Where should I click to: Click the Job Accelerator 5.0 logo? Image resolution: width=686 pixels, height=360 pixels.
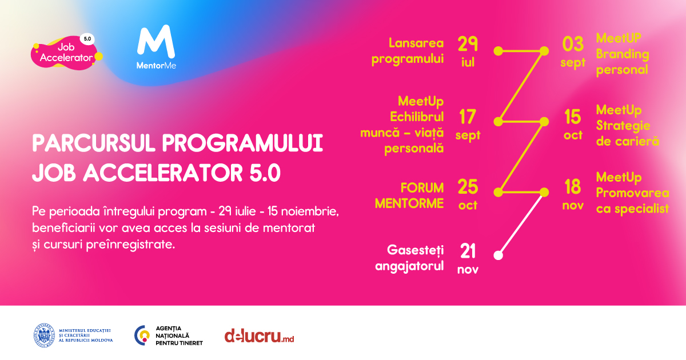tap(67, 53)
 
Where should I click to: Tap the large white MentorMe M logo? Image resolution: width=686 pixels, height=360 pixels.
tap(156, 42)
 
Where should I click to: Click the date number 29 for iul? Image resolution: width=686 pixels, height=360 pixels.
tap(468, 44)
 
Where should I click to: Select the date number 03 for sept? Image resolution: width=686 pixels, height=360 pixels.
tap(573, 44)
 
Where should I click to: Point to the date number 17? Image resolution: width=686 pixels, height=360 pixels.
tap(468, 117)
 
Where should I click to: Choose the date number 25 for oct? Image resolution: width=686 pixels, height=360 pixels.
tap(468, 187)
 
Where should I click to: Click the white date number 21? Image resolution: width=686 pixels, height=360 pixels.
tap(468, 251)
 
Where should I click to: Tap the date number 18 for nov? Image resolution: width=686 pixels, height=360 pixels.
tap(572, 187)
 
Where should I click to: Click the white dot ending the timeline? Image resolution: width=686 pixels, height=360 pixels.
tap(498, 255)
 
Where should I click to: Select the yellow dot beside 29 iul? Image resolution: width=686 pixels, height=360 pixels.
tap(498, 51)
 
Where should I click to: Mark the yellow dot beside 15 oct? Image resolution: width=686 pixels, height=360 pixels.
tap(544, 122)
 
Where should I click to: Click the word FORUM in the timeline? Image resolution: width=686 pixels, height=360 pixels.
tap(422, 187)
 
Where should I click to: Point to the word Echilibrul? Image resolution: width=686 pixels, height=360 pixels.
tap(417, 117)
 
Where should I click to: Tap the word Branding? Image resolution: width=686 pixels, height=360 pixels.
tap(623, 54)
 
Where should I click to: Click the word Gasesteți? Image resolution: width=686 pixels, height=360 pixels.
tap(415, 250)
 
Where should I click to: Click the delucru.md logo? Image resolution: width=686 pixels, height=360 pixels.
tap(259, 336)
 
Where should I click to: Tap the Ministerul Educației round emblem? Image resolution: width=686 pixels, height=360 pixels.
tap(44, 335)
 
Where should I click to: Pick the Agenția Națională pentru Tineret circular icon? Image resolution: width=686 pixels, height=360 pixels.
tap(142, 335)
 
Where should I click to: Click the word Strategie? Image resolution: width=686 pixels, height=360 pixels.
tap(623, 126)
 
